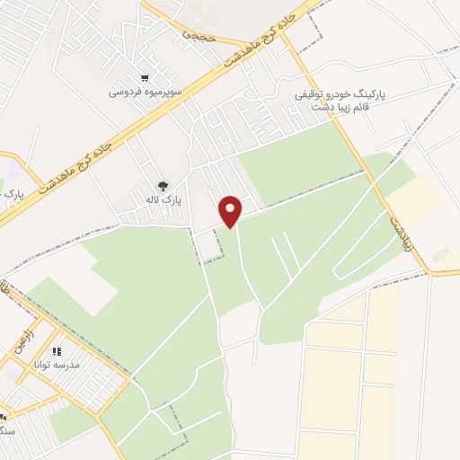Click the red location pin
[232, 210]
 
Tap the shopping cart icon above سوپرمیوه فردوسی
[145, 77]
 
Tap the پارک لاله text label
[166, 200]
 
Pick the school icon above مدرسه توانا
[57, 351]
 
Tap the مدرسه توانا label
[57, 366]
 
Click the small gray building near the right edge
[441, 256]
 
